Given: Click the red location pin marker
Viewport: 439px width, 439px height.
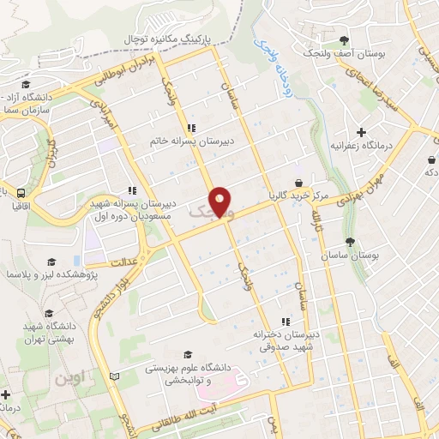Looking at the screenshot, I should (221, 201).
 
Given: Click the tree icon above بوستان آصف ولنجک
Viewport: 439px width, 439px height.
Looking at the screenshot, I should (344, 39).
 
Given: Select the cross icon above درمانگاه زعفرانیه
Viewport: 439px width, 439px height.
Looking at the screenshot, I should (362, 133).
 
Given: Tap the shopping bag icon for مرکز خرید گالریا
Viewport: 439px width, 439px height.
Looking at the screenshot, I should (298, 183).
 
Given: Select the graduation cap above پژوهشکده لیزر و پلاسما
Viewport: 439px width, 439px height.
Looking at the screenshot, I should (51, 262).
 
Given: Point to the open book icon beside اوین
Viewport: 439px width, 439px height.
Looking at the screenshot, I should (116, 376).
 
